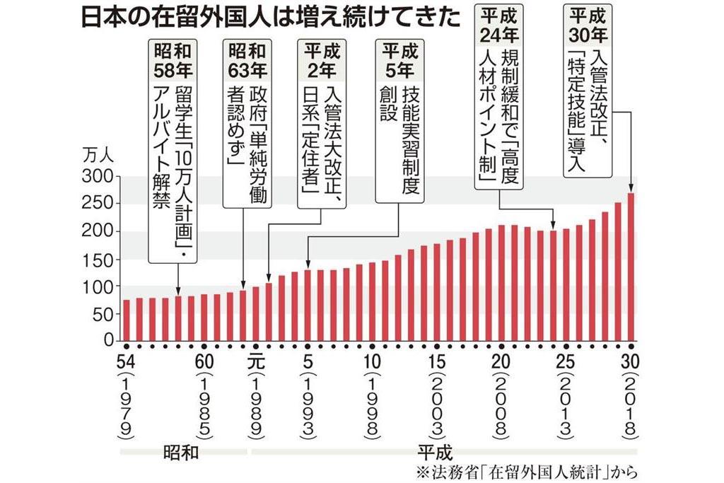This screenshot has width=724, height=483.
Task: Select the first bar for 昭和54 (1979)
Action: point(127,320)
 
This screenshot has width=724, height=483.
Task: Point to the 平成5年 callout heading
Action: point(397,61)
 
